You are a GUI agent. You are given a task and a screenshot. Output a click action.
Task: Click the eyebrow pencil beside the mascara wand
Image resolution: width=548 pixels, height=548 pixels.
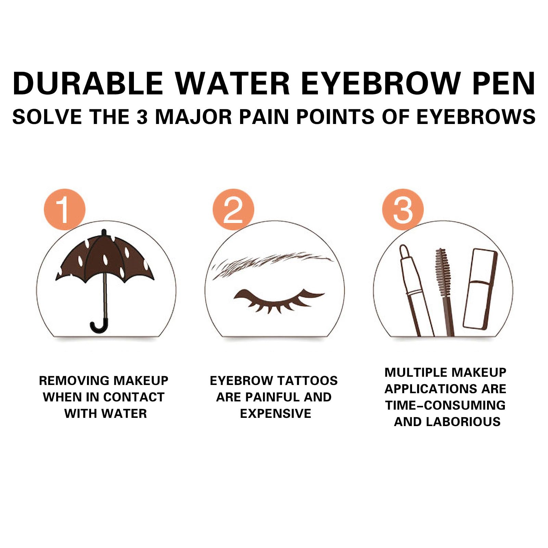click(415, 291)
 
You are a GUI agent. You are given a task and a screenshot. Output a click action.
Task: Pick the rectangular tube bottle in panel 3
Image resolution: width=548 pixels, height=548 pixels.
click(480, 289)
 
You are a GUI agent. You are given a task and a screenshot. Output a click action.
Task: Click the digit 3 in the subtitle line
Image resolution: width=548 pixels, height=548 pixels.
click(142, 117)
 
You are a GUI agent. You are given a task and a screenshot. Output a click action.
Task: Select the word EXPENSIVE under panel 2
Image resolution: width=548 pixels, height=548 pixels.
click(276, 413)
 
